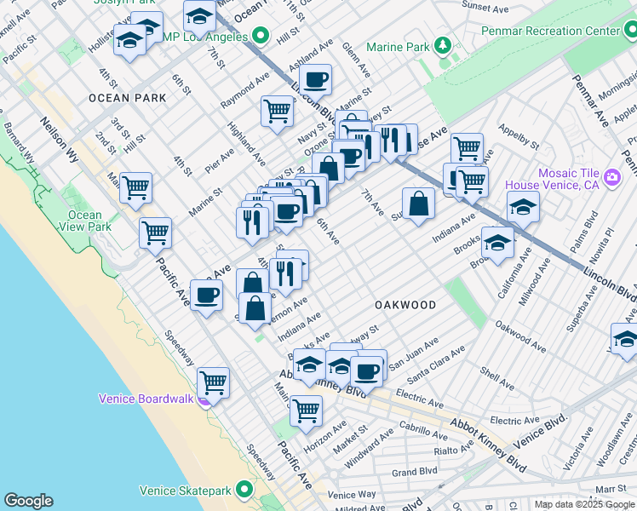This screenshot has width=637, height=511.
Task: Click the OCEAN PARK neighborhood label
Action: [127, 98]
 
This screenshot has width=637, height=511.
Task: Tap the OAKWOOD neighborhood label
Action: [405, 305]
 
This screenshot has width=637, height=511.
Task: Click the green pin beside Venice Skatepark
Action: [245, 490]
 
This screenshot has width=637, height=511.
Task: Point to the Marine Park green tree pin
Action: [442, 46]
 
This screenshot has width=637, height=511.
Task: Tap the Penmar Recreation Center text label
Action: [550, 31]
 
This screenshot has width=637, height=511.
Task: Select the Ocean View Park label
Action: [86, 221]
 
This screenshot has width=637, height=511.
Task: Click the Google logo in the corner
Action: [28, 501]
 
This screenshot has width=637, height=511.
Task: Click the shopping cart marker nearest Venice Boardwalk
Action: [213, 382]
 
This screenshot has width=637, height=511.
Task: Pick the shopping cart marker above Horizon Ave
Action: [306, 411]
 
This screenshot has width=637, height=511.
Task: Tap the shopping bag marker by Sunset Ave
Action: [418, 204]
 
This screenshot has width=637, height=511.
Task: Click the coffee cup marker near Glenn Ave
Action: [316, 80]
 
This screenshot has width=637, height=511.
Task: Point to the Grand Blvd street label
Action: [415, 471]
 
